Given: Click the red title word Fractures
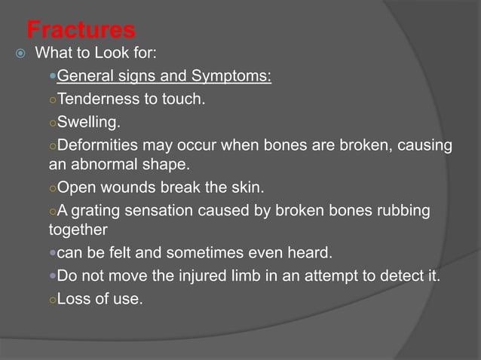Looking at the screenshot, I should click(x=81, y=30).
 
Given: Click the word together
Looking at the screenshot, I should click(x=78, y=229).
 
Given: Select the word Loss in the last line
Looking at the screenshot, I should click(x=74, y=299).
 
